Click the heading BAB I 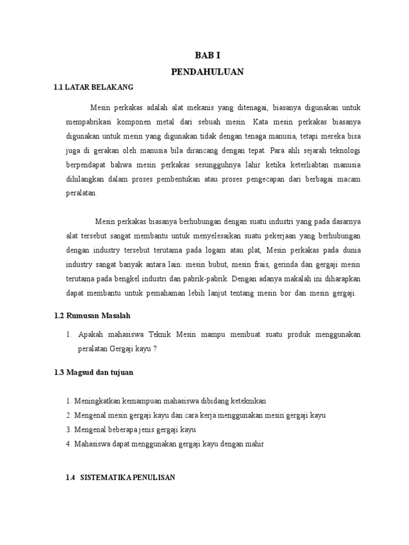(207, 55)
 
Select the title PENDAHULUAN (207, 72)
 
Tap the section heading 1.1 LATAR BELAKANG (93, 87)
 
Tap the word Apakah (92, 334)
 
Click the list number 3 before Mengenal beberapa (69, 430)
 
